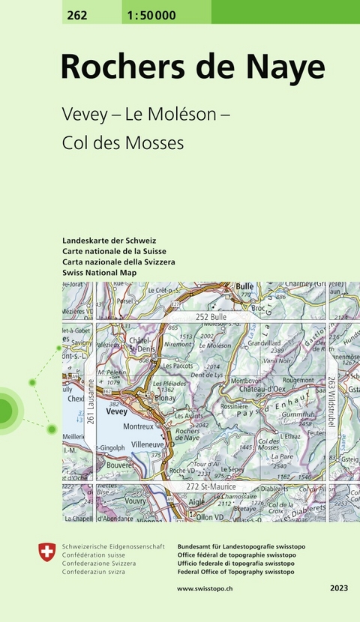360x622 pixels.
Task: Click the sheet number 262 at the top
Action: (x=76, y=16)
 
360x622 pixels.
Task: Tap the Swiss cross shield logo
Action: (x=46, y=552)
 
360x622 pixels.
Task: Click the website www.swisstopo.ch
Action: (x=205, y=589)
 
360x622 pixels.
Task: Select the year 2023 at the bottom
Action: (x=338, y=589)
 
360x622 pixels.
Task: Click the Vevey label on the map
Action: (x=116, y=411)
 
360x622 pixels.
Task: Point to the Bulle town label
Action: (x=245, y=286)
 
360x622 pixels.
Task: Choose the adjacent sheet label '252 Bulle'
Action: (x=211, y=317)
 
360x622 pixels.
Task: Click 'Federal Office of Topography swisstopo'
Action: (x=236, y=572)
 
